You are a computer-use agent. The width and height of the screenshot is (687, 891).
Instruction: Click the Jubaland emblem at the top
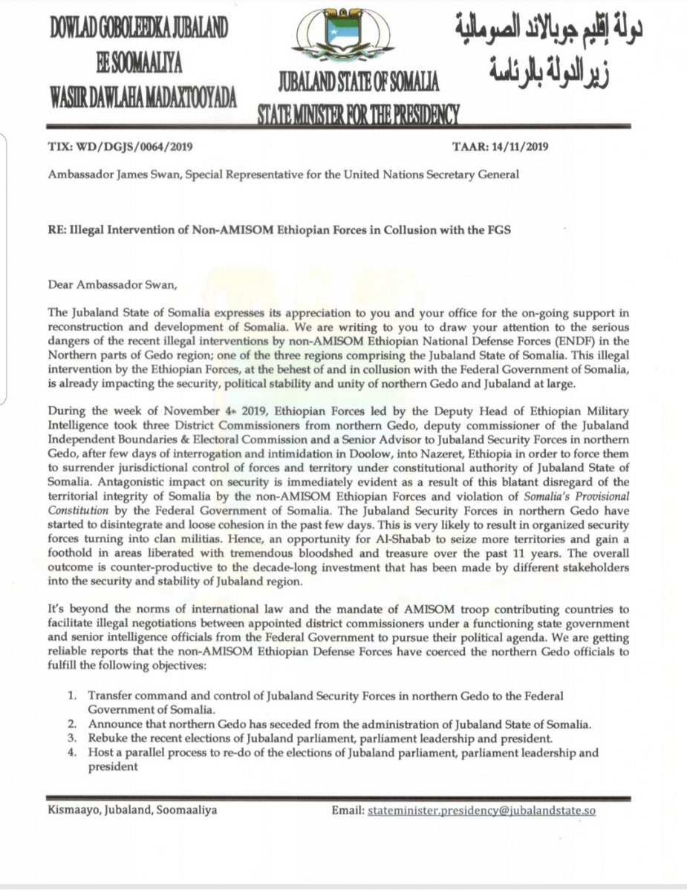[344, 38]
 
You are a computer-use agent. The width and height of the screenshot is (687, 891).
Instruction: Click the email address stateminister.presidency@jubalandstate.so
[482, 811]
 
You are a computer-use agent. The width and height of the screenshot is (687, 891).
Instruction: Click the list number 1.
[72, 696]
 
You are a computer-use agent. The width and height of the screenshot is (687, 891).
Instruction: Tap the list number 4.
[72, 753]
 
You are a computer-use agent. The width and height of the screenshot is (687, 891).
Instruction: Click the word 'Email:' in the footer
[348, 811]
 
